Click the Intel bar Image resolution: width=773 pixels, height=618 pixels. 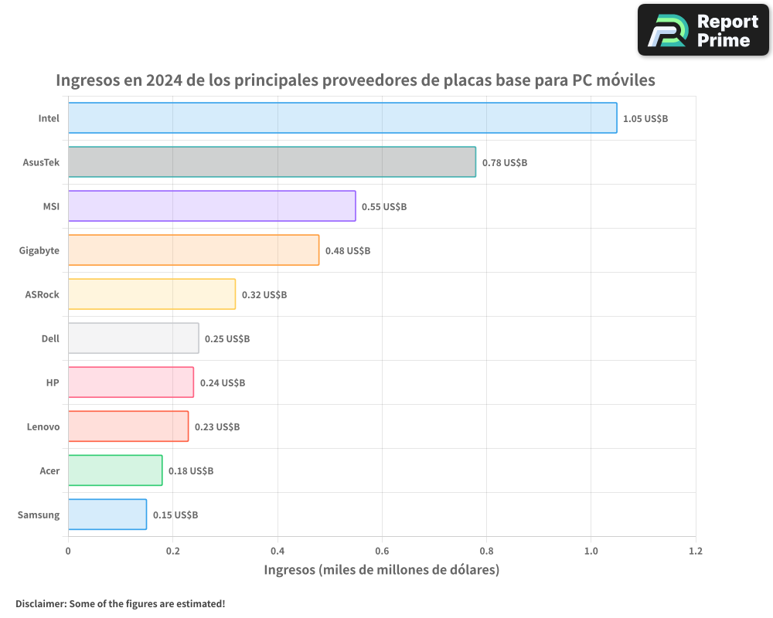pos(342,118)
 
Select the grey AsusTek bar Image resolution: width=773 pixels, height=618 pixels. pos(272,162)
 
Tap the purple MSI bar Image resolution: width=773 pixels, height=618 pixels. pos(212,206)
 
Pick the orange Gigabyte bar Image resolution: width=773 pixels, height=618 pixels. pos(193,250)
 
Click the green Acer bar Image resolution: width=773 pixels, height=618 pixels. pos(115,470)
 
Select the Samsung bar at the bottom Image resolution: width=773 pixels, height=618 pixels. pos(107,514)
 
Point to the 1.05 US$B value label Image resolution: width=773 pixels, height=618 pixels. pos(645,119)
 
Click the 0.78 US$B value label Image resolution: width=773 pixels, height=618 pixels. pos(505,163)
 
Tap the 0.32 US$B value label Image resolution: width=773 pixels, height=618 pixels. pos(264,295)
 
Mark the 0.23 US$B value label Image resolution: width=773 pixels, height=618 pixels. pos(217,427)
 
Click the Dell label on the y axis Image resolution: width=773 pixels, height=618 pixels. pos(50,338)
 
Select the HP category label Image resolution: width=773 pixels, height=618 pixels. pos(53,382)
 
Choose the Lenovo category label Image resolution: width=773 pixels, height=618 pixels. pos(43,426)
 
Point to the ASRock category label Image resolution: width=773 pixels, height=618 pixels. pos(42,294)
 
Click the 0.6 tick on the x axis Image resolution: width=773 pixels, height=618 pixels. pos(382,552)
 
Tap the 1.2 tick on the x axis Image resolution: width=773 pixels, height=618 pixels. pos(696,552)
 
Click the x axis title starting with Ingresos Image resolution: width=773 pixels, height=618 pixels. pos(382,570)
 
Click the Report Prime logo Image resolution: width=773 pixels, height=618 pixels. pos(703,30)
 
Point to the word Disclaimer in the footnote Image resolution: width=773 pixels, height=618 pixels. pos(40,603)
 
